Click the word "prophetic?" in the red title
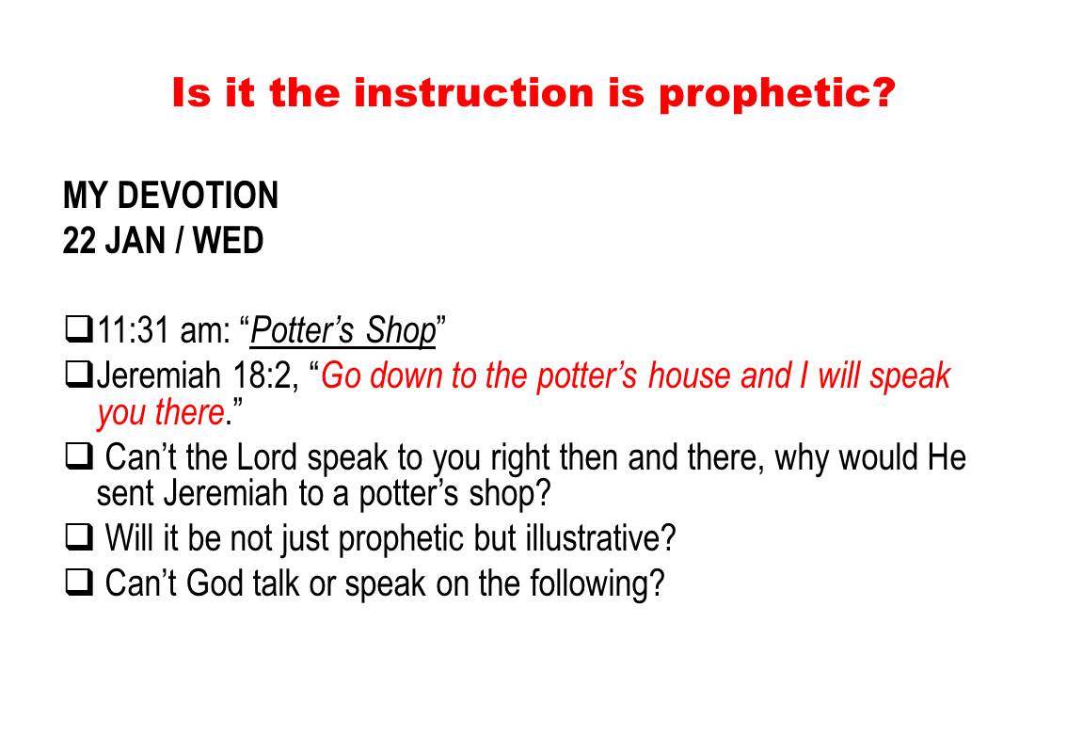(x=776, y=93)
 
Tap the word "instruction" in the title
(x=473, y=92)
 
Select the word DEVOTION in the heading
(x=198, y=196)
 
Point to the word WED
(x=228, y=241)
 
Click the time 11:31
(x=134, y=330)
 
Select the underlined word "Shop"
(x=401, y=331)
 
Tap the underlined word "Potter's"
(x=302, y=330)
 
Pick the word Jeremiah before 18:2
(x=159, y=375)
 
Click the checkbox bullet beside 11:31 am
(x=79, y=329)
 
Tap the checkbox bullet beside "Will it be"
(x=79, y=537)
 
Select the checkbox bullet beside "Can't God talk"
(x=79, y=582)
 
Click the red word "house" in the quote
(x=689, y=375)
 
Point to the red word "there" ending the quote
(x=190, y=412)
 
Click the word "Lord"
(x=267, y=456)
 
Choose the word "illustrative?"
(x=600, y=537)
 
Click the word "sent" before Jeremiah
(x=125, y=493)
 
